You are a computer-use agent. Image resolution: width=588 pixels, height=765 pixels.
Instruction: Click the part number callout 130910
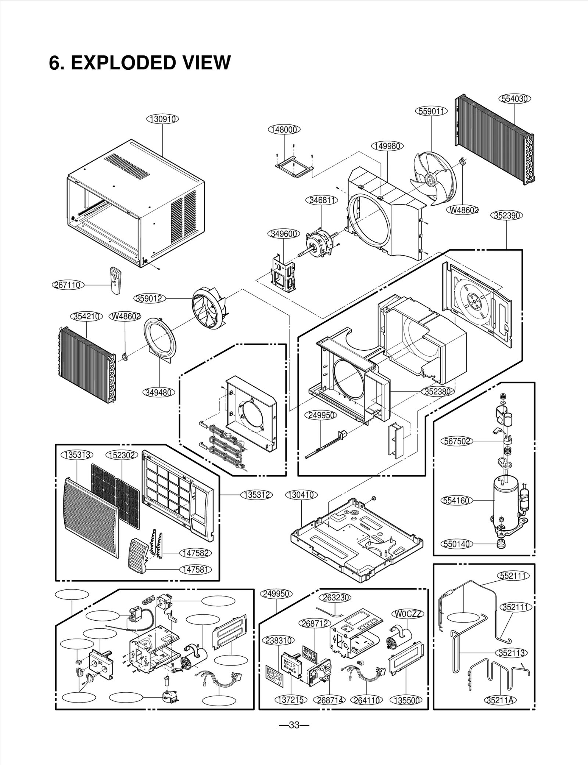click(162, 119)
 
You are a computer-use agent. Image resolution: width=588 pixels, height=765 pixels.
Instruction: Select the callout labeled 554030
click(515, 99)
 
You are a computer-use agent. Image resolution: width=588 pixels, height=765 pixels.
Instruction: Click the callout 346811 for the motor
click(321, 200)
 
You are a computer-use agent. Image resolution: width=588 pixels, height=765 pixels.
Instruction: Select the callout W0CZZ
click(409, 614)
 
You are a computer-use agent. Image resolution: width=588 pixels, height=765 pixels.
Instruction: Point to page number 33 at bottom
click(294, 725)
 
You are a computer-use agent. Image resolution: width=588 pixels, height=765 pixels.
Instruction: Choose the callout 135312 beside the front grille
click(257, 495)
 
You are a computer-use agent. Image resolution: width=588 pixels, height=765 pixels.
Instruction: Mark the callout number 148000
click(284, 129)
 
